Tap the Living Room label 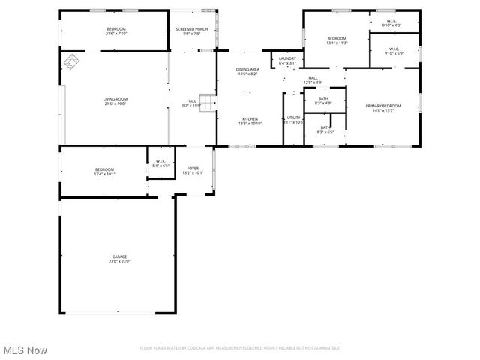(x=115, y=100)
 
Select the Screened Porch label (x=188, y=31)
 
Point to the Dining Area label (x=248, y=71)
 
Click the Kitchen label (x=249, y=121)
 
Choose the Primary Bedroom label (x=383, y=108)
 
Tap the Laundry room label (x=287, y=61)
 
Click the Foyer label (x=193, y=170)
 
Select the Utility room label (x=293, y=119)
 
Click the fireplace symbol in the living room (x=72, y=62)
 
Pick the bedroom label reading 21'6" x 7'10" (x=116, y=31)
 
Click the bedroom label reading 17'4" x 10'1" (x=104, y=171)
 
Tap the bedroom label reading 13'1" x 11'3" (x=337, y=40)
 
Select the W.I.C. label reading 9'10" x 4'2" (x=391, y=23)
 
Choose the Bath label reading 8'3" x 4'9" (x=323, y=100)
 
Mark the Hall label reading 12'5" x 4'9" (x=313, y=80)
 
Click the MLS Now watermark (x=25, y=350)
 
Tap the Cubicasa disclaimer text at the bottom (x=240, y=348)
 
